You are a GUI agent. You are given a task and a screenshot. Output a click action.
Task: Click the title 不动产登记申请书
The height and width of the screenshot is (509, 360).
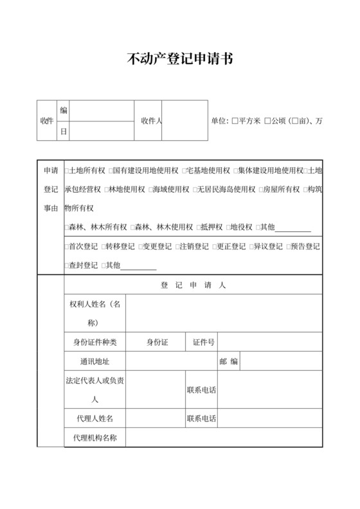(x=180, y=60)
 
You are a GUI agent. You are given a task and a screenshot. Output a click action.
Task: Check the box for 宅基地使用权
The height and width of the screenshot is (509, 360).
(x=184, y=171)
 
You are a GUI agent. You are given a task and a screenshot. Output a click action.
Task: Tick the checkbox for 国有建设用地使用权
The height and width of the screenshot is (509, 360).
(x=110, y=171)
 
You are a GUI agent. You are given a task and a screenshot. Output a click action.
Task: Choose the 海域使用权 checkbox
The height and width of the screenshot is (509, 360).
(x=150, y=190)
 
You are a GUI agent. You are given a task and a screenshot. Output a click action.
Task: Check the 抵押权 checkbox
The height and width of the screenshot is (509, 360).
(x=199, y=228)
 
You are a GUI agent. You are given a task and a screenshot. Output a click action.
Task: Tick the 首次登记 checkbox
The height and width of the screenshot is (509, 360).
(x=67, y=246)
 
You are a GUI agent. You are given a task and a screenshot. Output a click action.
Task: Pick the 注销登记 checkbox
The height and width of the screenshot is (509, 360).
(x=178, y=246)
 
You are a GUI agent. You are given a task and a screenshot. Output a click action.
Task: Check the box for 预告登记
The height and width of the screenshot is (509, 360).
(x=288, y=246)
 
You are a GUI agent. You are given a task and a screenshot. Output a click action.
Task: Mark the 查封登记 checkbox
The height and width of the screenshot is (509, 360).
(x=67, y=265)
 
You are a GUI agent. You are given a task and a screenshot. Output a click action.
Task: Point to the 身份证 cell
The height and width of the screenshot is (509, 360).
(x=157, y=343)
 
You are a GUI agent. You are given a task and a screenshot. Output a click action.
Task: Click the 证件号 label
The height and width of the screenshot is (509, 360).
(x=204, y=343)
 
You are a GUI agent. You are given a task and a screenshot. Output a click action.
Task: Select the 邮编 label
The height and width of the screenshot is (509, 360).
(x=228, y=361)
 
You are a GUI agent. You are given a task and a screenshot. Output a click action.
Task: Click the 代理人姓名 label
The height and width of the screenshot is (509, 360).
(x=94, y=419)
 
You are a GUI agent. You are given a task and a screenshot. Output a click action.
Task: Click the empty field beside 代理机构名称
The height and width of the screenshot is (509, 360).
(x=224, y=438)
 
